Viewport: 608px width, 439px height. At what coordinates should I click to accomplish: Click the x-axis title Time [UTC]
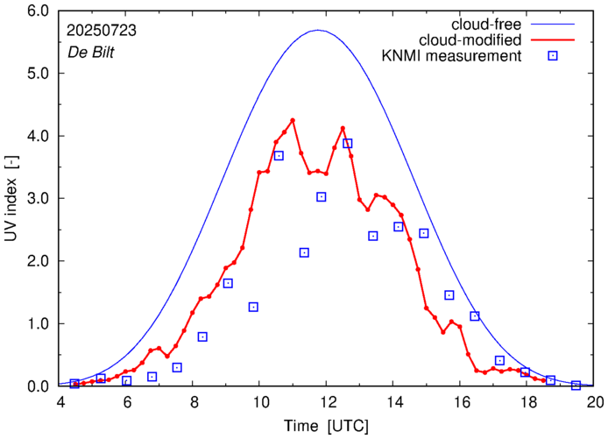click(x=326, y=426)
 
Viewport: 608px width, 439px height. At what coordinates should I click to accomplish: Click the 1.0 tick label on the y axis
click(x=38, y=323)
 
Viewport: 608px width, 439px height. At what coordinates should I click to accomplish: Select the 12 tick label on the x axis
click(x=327, y=403)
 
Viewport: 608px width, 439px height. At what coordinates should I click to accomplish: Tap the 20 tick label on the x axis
click(x=595, y=403)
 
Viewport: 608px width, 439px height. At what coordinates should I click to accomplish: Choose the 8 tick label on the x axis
click(x=193, y=403)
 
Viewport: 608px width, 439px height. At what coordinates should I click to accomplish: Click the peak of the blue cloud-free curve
click(x=318, y=31)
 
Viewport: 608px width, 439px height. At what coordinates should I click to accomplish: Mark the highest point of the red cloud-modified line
click(x=293, y=120)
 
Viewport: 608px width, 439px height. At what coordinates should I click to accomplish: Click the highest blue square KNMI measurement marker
click(x=348, y=144)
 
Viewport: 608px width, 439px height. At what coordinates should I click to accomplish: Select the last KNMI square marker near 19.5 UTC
click(x=576, y=386)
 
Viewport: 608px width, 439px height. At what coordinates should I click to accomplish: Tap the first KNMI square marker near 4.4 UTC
click(x=74, y=384)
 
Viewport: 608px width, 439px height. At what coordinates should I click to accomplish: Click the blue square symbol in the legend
click(x=552, y=56)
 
